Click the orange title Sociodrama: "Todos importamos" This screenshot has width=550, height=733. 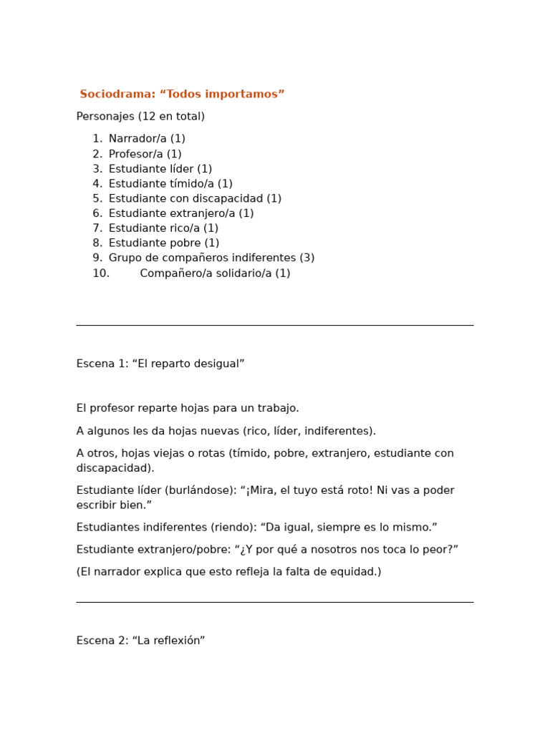click(182, 94)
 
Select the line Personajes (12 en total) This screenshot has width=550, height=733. click(140, 117)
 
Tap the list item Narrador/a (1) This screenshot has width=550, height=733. click(147, 139)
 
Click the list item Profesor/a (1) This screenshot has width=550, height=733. click(145, 154)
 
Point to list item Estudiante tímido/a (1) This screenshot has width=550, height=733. click(170, 184)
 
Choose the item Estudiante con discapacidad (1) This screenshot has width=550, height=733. click(195, 199)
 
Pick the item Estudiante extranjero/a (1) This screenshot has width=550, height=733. click(181, 213)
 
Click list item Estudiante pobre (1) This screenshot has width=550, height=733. click(164, 243)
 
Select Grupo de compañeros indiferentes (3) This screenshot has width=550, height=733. click(211, 258)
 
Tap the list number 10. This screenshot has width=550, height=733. click(100, 273)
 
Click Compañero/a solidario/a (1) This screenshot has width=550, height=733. click(215, 273)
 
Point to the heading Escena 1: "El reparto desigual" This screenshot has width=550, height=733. click(160, 364)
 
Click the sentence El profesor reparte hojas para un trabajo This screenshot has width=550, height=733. click(188, 408)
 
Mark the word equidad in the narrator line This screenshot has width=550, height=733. click(354, 572)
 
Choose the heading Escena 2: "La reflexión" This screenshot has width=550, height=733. click(140, 641)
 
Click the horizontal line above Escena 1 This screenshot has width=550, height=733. click(275, 326)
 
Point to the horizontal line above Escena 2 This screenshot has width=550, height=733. click(275, 603)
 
